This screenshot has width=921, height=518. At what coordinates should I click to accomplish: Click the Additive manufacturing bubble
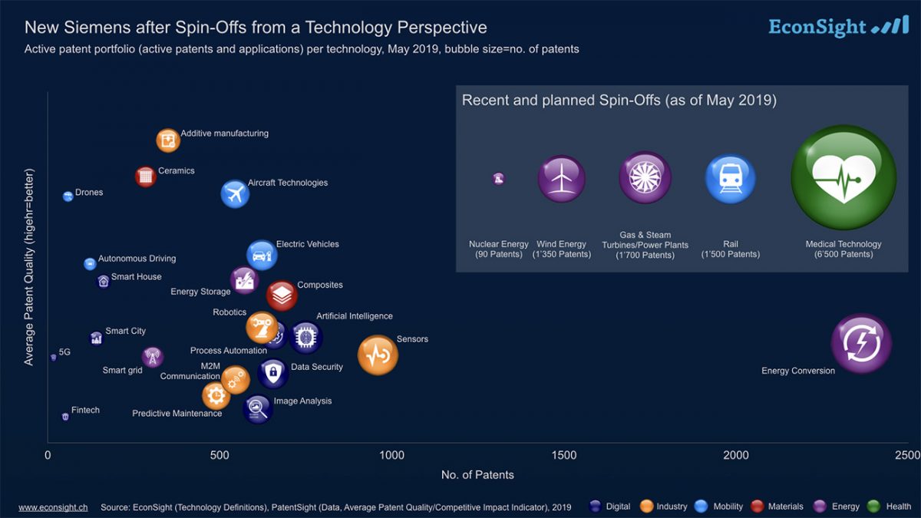(x=168, y=140)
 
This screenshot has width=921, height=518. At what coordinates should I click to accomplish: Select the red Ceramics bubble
(x=145, y=177)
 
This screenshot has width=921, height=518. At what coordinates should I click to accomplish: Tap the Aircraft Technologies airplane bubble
(x=235, y=193)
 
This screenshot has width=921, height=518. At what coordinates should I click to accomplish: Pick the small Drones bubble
(x=68, y=196)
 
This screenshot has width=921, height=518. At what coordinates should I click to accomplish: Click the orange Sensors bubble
(x=378, y=355)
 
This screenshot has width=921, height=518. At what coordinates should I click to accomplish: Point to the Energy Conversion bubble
(x=861, y=344)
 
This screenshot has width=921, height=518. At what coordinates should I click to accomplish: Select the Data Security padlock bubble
(x=272, y=373)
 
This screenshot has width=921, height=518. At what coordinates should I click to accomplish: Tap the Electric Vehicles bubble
(x=262, y=255)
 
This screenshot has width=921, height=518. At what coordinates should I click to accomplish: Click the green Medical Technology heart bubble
(x=843, y=177)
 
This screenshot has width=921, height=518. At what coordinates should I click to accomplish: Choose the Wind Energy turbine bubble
(x=561, y=178)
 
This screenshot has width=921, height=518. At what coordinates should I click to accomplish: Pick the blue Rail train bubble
(x=730, y=178)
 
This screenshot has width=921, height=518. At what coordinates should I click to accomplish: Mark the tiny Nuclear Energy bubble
(x=498, y=179)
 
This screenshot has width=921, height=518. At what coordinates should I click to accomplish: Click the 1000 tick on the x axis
(x=391, y=455)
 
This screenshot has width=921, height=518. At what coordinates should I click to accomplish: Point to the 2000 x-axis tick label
(x=735, y=455)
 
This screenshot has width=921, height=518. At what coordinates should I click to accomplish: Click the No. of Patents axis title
(x=477, y=475)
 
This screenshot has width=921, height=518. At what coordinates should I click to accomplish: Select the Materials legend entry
(x=777, y=506)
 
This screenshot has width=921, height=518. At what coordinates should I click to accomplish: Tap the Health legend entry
(x=889, y=506)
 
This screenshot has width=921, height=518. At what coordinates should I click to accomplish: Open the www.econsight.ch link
(x=53, y=507)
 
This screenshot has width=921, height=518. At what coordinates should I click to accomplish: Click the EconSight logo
(x=839, y=26)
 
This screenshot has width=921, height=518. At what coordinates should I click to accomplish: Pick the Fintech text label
(x=85, y=410)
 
